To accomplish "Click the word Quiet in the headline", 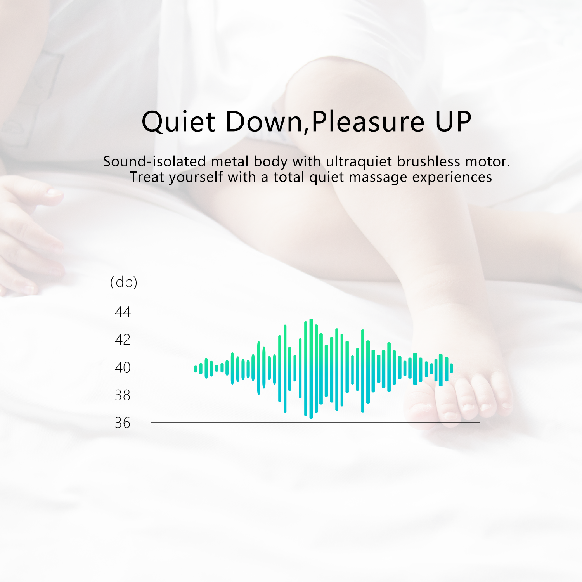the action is (178, 122).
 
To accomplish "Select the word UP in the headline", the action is (453, 121).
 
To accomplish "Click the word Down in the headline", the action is (264, 121).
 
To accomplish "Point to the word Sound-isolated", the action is (154, 161).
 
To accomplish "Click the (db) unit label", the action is (124, 282).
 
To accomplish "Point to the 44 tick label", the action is (123, 312).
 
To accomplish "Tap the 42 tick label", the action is (123, 339).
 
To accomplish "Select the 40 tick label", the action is (123, 367).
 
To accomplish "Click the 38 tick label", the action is (123, 395).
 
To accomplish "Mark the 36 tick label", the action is (123, 423).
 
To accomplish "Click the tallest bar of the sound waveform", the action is (311, 369).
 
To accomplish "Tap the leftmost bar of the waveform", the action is (196, 369).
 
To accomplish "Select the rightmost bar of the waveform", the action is (452, 368).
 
